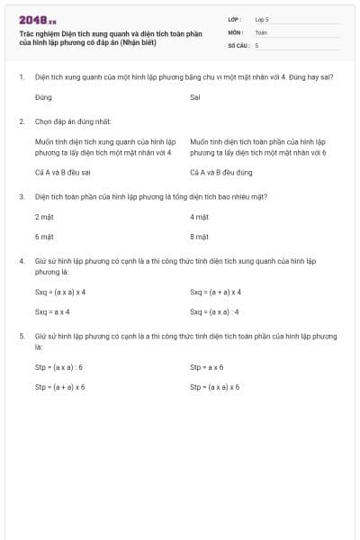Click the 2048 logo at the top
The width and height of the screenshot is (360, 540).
pyautogui.click(x=37, y=19)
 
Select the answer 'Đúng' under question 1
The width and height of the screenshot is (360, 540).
pyautogui.click(x=43, y=96)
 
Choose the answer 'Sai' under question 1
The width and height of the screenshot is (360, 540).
pyautogui.click(x=195, y=96)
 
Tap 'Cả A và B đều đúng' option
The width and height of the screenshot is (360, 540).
pyautogui.click(x=221, y=171)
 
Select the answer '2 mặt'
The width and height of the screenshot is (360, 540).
pyautogui.click(x=44, y=217)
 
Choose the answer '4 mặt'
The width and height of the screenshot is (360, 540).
pyautogui.click(x=199, y=217)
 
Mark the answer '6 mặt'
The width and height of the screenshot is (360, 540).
pyautogui.click(x=44, y=237)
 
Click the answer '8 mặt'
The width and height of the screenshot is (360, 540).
pyautogui.click(x=199, y=237)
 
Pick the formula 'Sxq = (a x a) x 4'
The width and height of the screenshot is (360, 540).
pyautogui.click(x=60, y=292)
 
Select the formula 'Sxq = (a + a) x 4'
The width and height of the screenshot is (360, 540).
pyautogui.click(x=216, y=292)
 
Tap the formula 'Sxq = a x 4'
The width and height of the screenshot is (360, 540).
pyautogui.click(x=52, y=311)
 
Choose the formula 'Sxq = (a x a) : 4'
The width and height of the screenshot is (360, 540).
pyautogui.click(x=214, y=311)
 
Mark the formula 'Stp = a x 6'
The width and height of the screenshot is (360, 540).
pyautogui.click(x=207, y=367)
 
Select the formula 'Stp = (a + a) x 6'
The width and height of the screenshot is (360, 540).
pyautogui.click(x=60, y=387)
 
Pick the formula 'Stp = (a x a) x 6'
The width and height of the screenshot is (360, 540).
pyautogui.click(x=215, y=387)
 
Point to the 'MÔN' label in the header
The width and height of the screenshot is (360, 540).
pyautogui.click(x=235, y=31)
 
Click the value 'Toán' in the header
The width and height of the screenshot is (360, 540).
pyautogui.click(x=261, y=31)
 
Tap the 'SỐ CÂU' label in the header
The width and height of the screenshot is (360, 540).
pyautogui.click(x=238, y=44)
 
